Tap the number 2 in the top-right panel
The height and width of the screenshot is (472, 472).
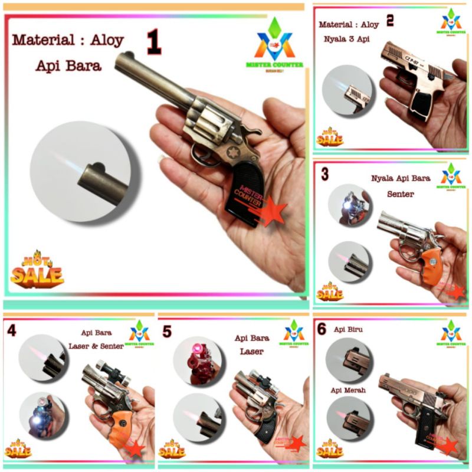[390, 21]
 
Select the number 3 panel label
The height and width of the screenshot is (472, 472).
[325, 175]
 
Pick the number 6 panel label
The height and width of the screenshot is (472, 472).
[322, 329]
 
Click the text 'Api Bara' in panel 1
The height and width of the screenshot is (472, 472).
[68, 65]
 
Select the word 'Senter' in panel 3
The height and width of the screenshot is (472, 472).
[401, 194]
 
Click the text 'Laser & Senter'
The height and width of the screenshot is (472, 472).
[103, 346]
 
